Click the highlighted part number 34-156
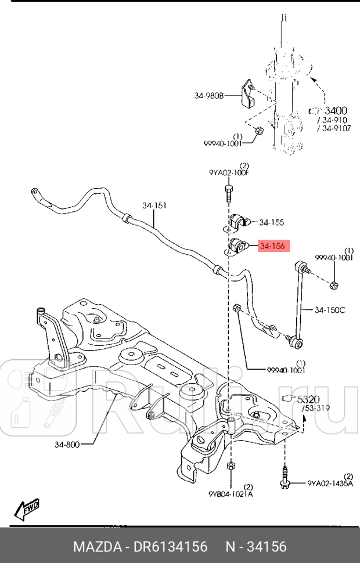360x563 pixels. [272, 247]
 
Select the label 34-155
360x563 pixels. [272, 222]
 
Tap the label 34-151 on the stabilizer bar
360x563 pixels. [154, 205]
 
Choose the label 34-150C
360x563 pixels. [330, 310]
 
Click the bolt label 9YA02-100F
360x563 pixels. [229, 173]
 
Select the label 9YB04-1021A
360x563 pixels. [231, 494]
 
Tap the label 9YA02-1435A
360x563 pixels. [330, 482]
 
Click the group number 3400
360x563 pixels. [336, 110]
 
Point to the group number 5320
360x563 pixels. [309, 399]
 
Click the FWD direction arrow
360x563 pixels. [27, 509]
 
